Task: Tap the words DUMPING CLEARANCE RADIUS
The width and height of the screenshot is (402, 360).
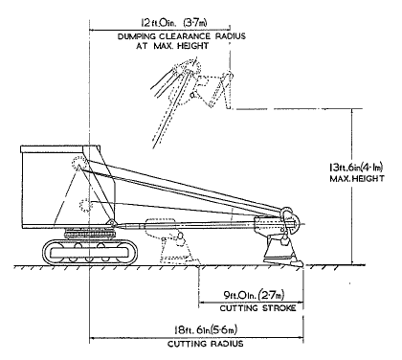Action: [182, 36]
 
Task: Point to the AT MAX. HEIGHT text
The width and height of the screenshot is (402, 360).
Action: [172, 46]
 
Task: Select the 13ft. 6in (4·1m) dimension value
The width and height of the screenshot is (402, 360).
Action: [356, 168]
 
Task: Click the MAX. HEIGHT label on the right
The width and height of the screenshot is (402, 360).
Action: [357, 178]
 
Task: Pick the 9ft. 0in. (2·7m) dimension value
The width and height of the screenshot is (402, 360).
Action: [254, 296]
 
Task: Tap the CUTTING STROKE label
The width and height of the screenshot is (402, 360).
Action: [257, 308]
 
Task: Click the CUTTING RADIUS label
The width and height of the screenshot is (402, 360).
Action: [206, 344]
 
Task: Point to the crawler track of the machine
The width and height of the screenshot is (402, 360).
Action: [90, 252]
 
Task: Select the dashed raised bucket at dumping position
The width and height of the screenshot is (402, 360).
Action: [213, 91]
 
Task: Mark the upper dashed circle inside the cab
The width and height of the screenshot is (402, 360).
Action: [78, 164]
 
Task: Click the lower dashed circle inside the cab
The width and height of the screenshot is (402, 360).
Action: [85, 205]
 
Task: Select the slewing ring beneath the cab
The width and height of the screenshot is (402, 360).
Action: [89, 234]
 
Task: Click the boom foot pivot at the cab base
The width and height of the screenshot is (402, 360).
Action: [112, 222]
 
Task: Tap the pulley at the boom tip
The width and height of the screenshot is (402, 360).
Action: [289, 219]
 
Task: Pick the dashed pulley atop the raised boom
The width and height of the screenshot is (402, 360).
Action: [187, 67]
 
